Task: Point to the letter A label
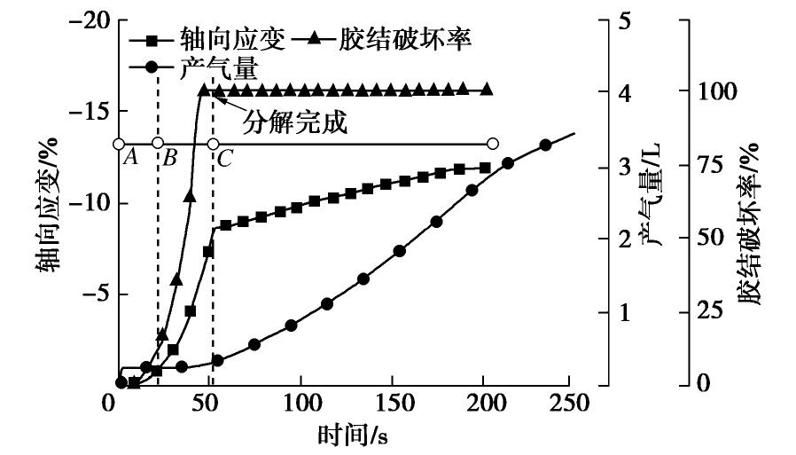129,159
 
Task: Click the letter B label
170,159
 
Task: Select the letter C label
224,159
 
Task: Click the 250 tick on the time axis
568,403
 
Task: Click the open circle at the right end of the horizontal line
493,144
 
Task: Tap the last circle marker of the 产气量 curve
546,145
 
